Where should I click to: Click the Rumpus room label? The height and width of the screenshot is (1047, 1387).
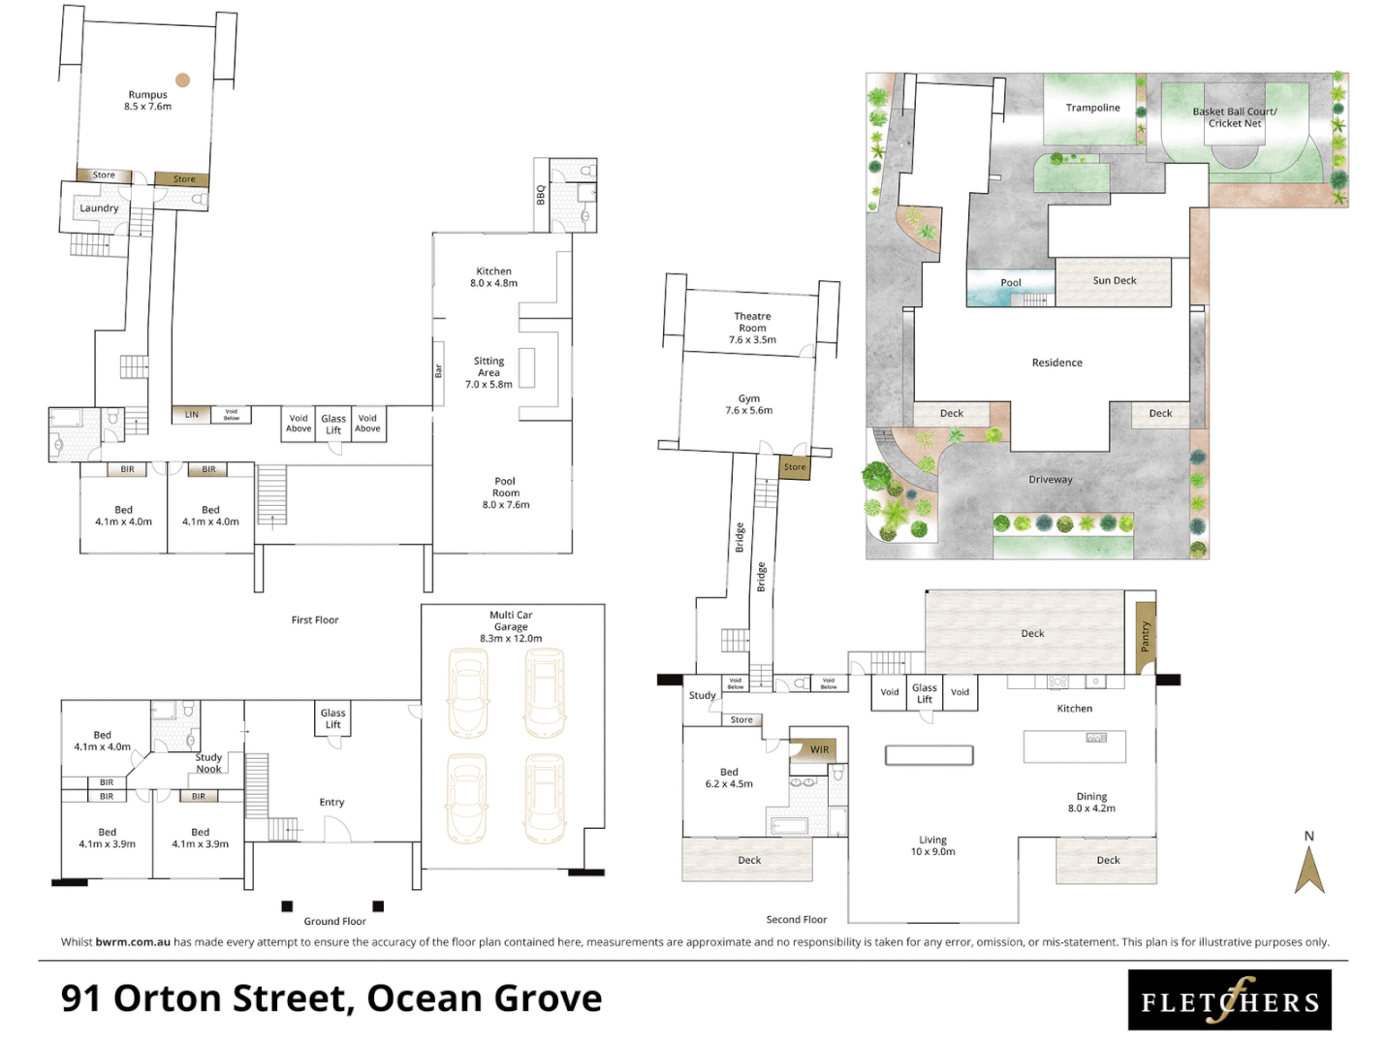tap(147, 95)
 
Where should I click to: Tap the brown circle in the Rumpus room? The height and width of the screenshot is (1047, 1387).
tap(182, 80)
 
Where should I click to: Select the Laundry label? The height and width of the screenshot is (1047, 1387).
tap(99, 208)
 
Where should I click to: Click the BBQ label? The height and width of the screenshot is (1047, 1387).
tap(541, 195)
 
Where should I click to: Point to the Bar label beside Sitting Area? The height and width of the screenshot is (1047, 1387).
tap(438, 371)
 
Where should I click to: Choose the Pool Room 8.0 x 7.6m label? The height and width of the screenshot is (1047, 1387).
tap(506, 492)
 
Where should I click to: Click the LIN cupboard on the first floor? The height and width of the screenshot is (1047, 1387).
tap(192, 415)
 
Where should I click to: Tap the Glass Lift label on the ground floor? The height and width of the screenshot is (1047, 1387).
tap(332, 718)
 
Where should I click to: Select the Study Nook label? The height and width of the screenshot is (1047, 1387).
tap(208, 763)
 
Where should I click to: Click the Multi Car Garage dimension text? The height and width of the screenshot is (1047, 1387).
tap(511, 639)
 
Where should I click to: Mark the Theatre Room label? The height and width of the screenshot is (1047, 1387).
tap(752, 322)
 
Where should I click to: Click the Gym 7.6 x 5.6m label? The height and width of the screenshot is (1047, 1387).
tap(748, 404)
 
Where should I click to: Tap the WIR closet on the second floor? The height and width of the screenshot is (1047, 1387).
tap(820, 749)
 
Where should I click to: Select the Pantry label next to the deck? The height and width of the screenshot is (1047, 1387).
tap(1145, 637)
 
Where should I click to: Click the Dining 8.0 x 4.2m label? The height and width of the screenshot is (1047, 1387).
tap(1091, 802)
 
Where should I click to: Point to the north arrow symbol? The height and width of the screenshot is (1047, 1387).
tap(1309, 869)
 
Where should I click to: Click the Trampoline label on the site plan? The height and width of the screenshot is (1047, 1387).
tap(1092, 108)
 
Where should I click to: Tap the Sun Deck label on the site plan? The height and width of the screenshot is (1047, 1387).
tap(1114, 281)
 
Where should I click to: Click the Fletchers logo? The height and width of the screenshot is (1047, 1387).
tap(1229, 1000)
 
